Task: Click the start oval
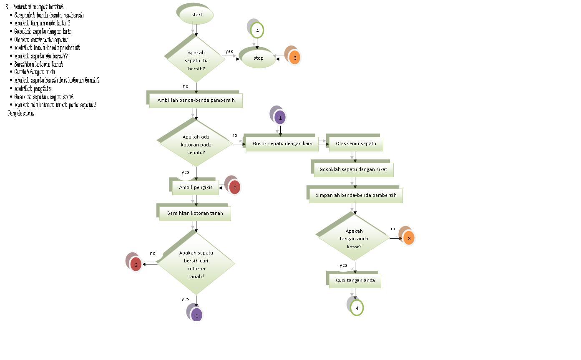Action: pyautogui.click(x=196, y=15)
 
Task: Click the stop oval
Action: pyautogui.click(x=259, y=58)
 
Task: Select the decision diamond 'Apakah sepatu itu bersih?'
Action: pyautogui.click(x=196, y=59)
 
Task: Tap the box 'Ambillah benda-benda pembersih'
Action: pyautogui.click(x=196, y=101)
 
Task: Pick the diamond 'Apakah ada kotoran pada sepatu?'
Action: pyautogui.click(x=196, y=143)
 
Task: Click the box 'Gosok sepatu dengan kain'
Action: pyautogui.click(x=282, y=144)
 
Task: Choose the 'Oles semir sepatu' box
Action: pyautogui.click(x=356, y=144)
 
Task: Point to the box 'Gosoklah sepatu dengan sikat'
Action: pyautogui.click(x=353, y=170)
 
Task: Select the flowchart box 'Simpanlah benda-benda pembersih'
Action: pyautogui.click(x=356, y=195)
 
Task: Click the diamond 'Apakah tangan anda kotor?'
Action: pyautogui.click(x=354, y=238)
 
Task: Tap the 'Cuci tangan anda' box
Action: pyautogui.click(x=355, y=281)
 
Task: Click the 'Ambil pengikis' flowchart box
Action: pyautogui.click(x=196, y=188)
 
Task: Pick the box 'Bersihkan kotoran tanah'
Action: pyautogui.click(x=195, y=214)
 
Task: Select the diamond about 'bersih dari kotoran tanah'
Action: pyautogui.click(x=196, y=264)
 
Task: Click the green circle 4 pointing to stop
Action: pyautogui.click(x=257, y=31)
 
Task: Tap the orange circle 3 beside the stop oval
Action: pyautogui.click(x=294, y=58)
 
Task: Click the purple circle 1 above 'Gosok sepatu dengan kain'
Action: pyautogui.click(x=280, y=118)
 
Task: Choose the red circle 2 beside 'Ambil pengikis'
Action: pyautogui.click(x=234, y=188)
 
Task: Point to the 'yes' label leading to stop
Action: pyautogui.click(x=229, y=52)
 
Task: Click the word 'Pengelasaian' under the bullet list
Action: pyautogui.click(x=21, y=113)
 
